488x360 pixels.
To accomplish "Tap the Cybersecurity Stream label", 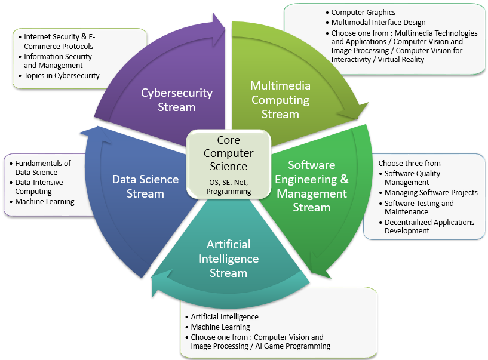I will [x=177, y=100].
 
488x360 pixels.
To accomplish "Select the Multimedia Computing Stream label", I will [x=280, y=100].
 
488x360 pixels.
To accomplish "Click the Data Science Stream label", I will [x=145, y=186].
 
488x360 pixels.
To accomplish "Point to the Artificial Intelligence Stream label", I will [x=228, y=259].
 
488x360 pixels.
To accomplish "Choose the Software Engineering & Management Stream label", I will [x=312, y=186].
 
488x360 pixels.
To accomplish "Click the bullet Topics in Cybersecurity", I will [x=62, y=76].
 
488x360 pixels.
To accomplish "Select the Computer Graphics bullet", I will [x=363, y=12].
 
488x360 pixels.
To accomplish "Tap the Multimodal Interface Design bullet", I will [x=378, y=22].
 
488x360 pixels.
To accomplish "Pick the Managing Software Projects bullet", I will [x=431, y=192].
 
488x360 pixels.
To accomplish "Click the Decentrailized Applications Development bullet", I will [x=429, y=226].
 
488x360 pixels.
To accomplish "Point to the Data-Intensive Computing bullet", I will [x=39, y=187].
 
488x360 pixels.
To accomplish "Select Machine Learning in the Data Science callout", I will [x=45, y=202].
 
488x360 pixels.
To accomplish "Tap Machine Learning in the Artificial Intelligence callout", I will [x=220, y=327].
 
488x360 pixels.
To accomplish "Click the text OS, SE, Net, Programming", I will [x=229, y=186].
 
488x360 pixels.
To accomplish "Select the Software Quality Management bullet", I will [x=412, y=178].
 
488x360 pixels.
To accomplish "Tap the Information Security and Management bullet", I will [x=57, y=61].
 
